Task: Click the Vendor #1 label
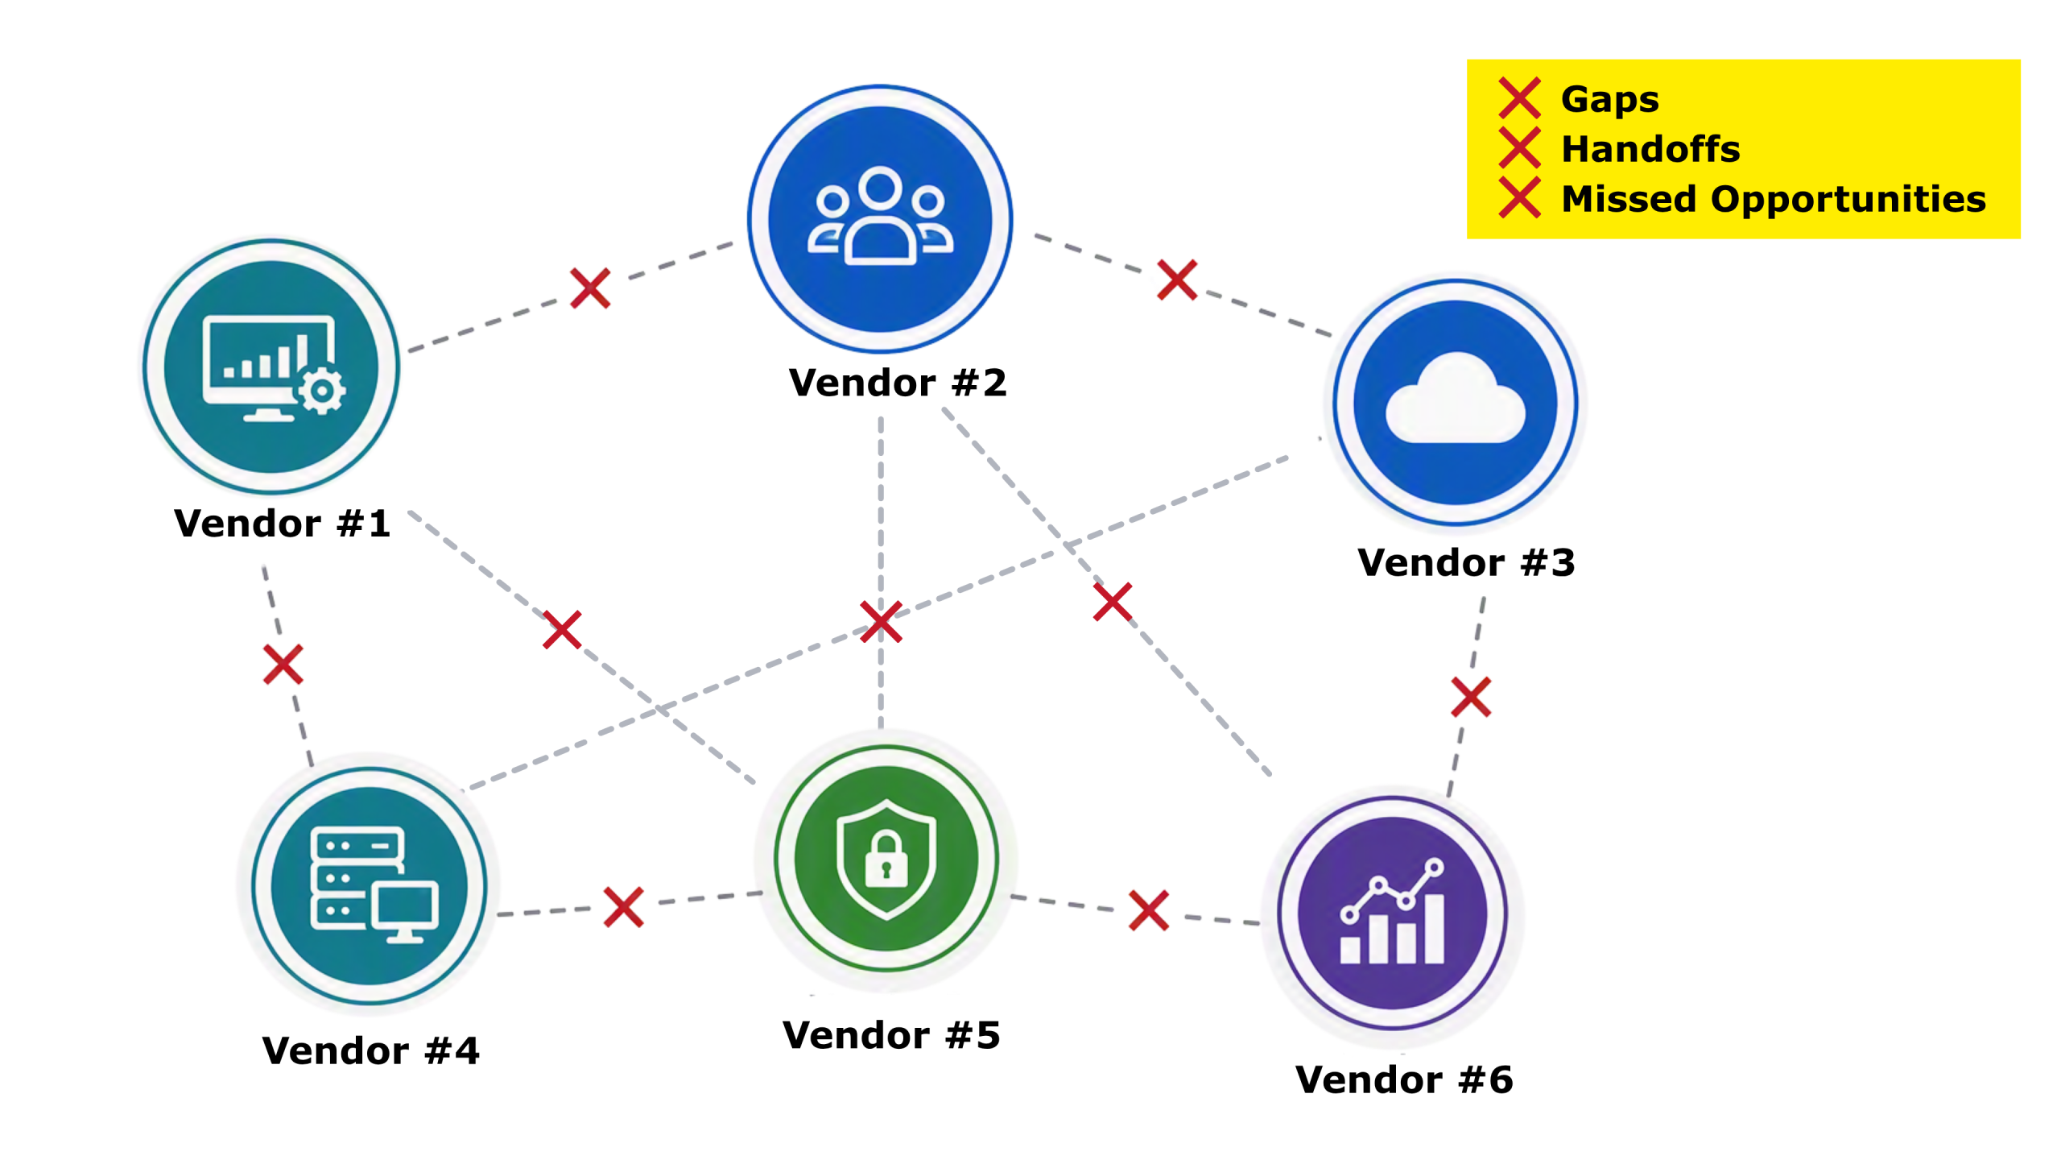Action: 282,524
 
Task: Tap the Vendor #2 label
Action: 898,383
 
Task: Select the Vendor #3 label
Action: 1466,562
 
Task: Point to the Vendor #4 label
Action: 370,1050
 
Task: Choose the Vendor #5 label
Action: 891,1035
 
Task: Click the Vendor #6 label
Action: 1404,1079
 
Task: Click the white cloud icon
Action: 1455,399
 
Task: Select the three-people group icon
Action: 880,216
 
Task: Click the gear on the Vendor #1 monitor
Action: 321,391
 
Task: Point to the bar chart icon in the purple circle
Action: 1392,911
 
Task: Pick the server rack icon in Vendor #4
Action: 357,878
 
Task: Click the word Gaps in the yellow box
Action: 1610,100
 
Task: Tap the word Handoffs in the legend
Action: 1650,149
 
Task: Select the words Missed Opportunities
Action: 1774,199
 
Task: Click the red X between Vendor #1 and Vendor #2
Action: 590,288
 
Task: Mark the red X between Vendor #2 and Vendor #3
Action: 1177,280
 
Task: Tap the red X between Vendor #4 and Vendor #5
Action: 623,908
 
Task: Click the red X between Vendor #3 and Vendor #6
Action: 1471,698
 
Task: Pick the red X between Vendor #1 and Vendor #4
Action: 283,665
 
